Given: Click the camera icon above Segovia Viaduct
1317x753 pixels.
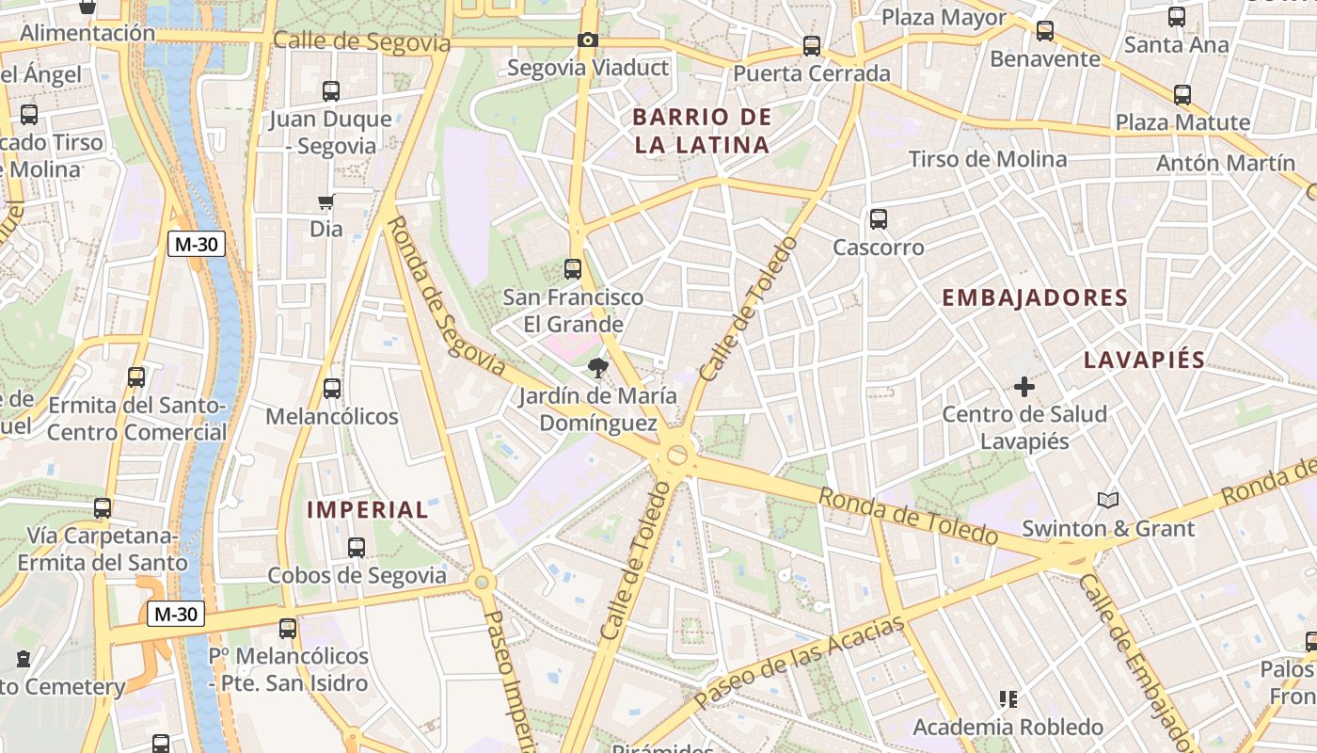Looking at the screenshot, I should pos(588,40).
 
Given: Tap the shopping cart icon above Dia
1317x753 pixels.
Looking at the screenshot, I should pos(325,201).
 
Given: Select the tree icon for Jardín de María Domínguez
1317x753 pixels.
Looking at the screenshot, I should pos(596,367).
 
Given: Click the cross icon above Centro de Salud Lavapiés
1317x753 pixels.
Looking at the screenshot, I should pos(1024,386).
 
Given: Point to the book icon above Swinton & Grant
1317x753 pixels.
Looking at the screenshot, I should pos(1108,500).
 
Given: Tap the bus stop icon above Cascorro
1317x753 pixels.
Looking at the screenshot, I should pos(879,219).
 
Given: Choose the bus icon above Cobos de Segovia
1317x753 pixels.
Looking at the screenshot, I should pos(357,547).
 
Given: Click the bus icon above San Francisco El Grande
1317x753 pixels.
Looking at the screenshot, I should pos(572,269).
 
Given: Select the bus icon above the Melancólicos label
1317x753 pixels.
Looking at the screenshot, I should pos(331,388).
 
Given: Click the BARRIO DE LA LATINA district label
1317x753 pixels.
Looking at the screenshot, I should pos(702,131).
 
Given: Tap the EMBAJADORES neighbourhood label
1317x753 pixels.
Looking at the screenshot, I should pos(1035,298).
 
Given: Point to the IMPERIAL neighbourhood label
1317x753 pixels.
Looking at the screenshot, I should pos(368,510).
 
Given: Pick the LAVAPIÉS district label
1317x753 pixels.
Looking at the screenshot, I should pos(1144,360).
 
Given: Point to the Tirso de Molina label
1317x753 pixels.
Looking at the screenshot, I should pos(988,159).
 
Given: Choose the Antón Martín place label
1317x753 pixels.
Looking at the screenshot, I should pos(1226,163).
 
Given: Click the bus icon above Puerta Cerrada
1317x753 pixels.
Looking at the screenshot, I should pos(811,45).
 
